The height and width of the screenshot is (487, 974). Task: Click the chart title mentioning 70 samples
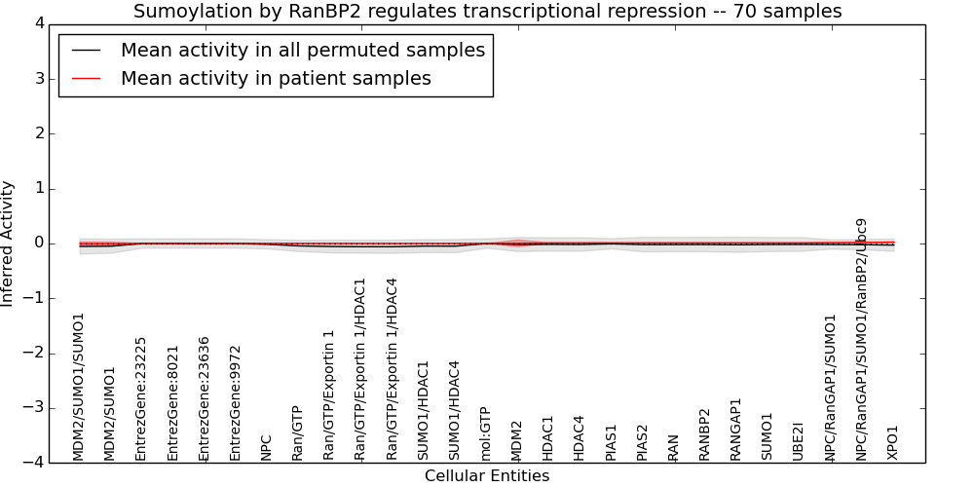[x=488, y=11]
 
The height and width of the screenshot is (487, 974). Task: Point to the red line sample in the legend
[x=87, y=78]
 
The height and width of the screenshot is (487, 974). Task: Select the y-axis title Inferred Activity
[x=7, y=243]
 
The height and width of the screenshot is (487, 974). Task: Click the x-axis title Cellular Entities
[x=487, y=476]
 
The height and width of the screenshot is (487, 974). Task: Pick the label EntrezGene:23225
[x=140, y=399]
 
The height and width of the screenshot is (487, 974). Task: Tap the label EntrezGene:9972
[x=235, y=404]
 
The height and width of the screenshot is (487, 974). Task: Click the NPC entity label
[x=267, y=447]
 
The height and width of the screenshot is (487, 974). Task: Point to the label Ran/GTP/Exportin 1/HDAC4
[x=392, y=369]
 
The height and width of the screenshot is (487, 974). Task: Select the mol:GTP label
[x=486, y=434]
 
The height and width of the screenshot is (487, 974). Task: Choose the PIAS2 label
[x=642, y=443]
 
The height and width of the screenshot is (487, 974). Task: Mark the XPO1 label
[x=892, y=442]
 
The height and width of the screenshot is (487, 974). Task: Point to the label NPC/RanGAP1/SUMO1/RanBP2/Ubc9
[x=862, y=340]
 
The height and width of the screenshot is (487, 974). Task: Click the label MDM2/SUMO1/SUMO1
[x=78, y=387]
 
